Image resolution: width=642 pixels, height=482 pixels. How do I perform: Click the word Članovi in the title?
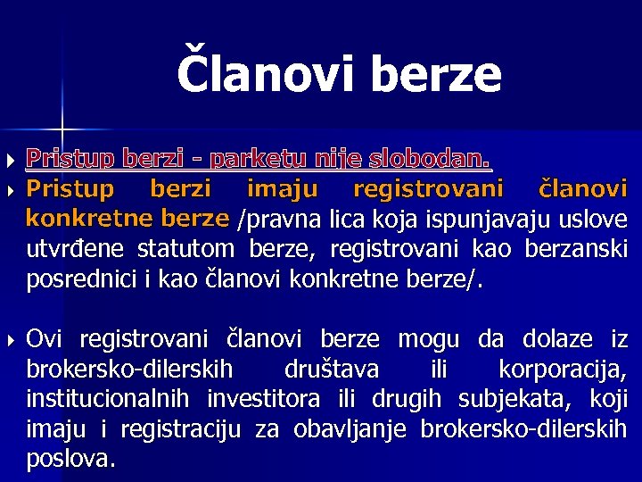266,74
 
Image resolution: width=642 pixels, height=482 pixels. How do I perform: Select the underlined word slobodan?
437,161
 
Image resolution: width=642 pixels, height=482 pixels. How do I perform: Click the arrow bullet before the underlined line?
10,162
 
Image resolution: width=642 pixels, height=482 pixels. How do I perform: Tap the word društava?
331,370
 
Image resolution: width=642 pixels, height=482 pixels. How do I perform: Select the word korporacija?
562,370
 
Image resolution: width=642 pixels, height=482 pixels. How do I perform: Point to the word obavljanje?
342,429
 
